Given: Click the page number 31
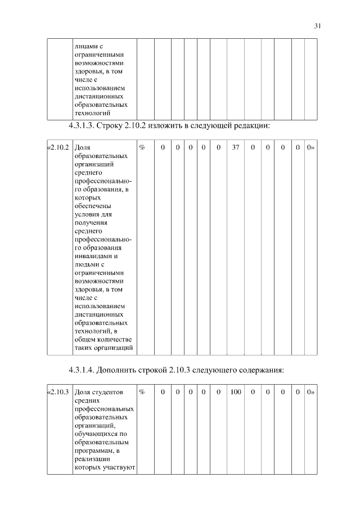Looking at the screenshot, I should tap(317, 25).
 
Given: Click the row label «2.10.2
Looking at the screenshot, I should tap(58, 147).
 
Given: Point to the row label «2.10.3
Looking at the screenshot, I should tap(58, 391).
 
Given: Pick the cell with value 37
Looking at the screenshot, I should tap(235, 147).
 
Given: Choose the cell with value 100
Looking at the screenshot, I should tap(235, 391).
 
